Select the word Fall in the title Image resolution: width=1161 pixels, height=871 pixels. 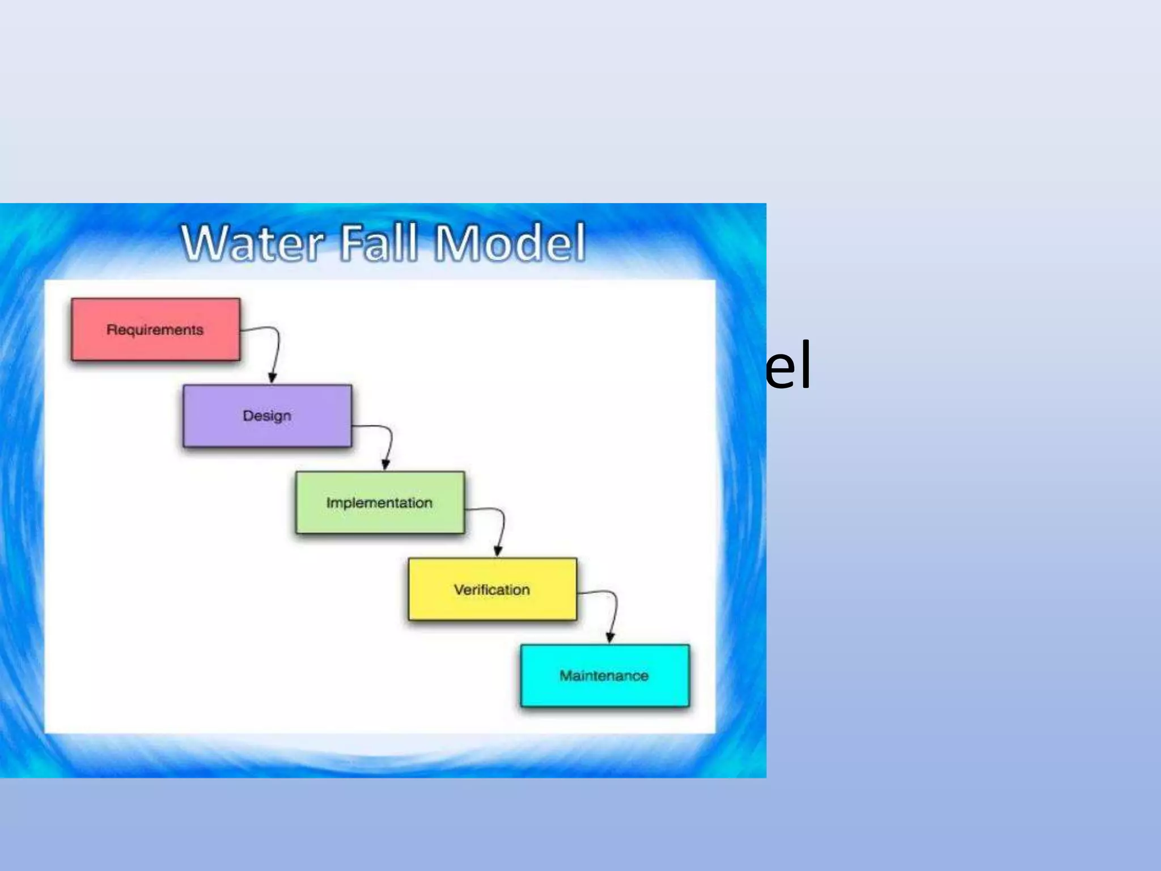tap(379, 243)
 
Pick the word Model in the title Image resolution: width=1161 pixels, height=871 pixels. tap(510, 243)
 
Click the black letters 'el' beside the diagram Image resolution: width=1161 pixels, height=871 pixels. tap(788, 366)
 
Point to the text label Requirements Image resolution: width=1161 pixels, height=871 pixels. tap(155, 330)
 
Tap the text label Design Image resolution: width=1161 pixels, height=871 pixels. tap(267, 416)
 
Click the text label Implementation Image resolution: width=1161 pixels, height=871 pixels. tap(379, 503)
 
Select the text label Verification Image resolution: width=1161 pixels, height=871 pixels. tap(492, 590)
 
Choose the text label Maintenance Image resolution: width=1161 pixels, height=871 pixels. tap(604, 676)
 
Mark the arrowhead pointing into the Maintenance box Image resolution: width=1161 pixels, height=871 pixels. tap(610, 638)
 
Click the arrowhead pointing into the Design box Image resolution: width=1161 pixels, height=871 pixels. tap(272, 378)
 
